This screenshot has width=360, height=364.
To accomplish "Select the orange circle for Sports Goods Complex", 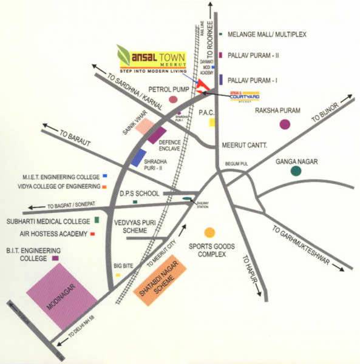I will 209,232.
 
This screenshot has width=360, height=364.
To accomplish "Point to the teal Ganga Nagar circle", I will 296,171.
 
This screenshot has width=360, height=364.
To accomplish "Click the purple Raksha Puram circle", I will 285,124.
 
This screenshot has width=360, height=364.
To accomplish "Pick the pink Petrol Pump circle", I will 173,99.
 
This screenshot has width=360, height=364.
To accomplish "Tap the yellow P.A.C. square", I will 212,122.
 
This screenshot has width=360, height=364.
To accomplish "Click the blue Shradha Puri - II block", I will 138,157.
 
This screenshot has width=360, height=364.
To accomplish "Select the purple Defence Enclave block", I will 157,135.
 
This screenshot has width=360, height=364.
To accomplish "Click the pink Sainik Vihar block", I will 144,126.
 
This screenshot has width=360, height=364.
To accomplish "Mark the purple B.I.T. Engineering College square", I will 56,258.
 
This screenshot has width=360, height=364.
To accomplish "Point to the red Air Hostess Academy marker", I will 92,232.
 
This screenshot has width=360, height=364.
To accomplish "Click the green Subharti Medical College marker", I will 97,220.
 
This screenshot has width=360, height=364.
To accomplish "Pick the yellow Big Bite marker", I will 118,275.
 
